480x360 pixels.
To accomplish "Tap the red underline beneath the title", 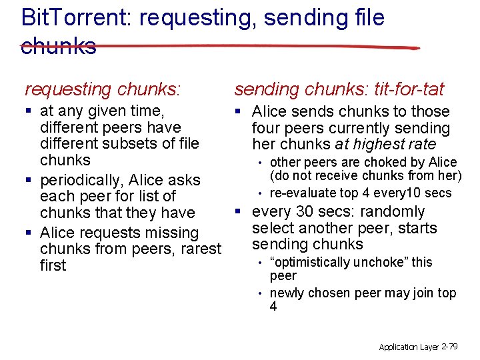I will pos(220,47).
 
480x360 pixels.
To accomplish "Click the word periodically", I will pos(81,180).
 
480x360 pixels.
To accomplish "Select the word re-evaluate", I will pos(304,193).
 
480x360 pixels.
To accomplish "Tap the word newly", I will pos(286,293).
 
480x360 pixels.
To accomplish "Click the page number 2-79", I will pos(449,347).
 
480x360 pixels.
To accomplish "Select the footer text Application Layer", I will pos(408,347).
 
